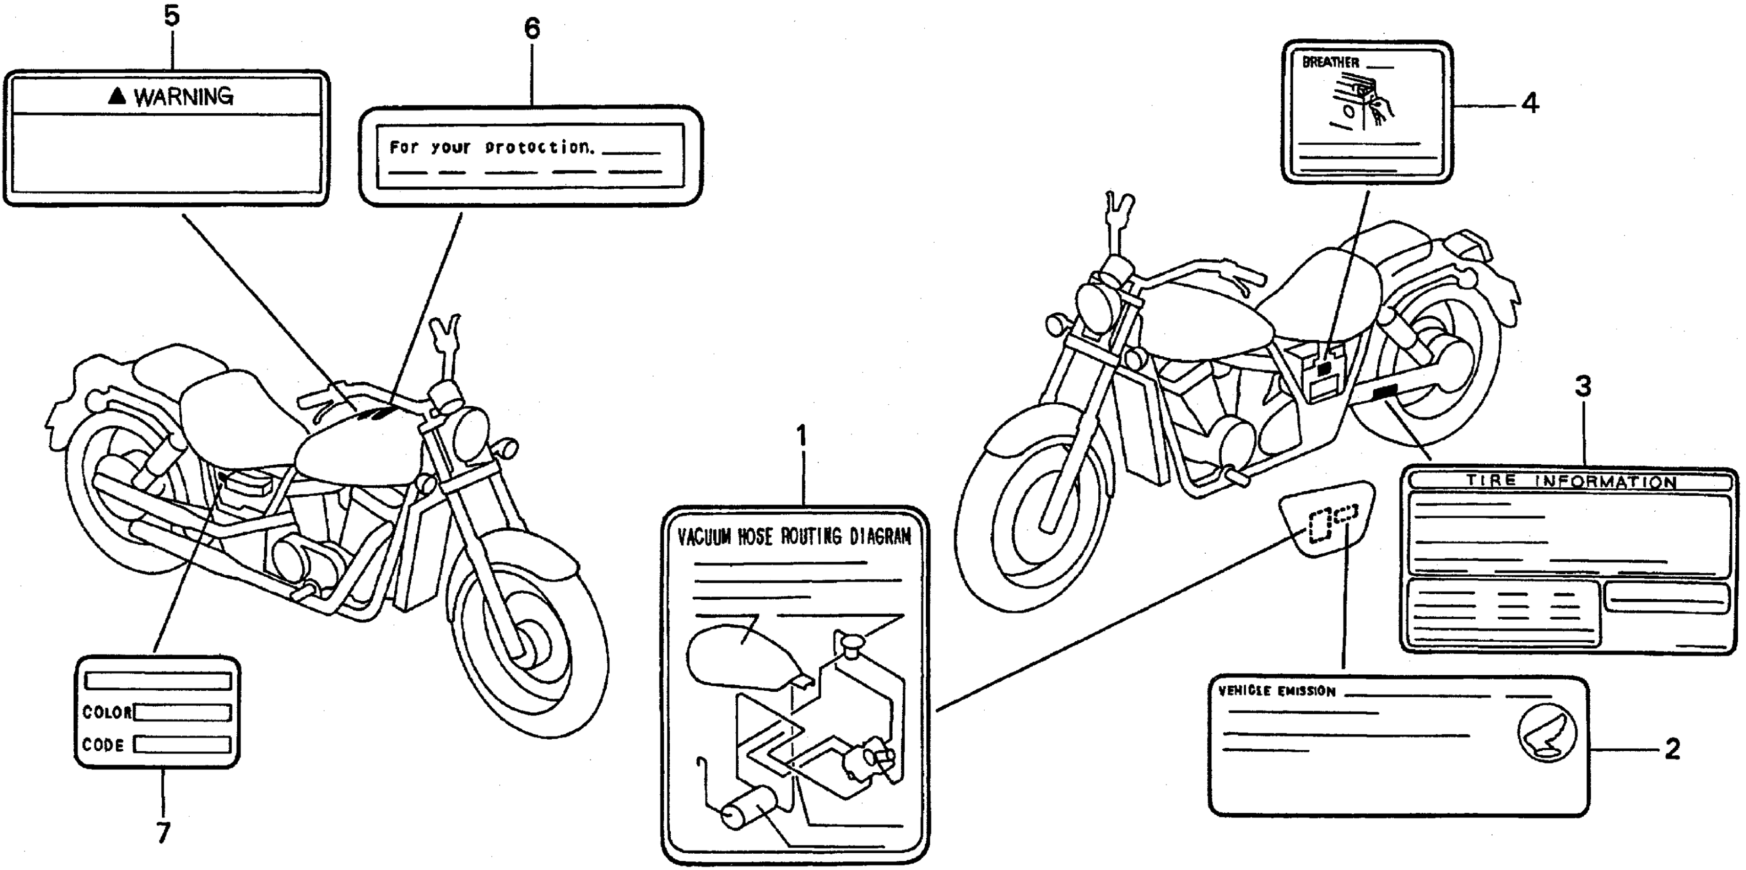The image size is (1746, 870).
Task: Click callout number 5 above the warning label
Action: [172, 16]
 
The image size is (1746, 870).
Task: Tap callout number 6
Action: [532, 29]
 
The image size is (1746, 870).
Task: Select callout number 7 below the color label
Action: [163, 832]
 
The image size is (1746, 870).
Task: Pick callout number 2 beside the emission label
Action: [1672, 749]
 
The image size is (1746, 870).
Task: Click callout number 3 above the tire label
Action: [1583, 387]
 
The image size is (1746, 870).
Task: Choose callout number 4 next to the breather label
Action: [1530, 104]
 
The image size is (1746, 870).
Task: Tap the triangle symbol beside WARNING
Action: [117, 96]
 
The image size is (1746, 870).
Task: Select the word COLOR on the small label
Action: [107, 712]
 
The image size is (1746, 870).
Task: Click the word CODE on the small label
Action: [103, 745]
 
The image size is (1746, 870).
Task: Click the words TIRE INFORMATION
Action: [1571, 481]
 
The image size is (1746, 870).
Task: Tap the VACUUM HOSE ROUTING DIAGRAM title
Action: [794, 537]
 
